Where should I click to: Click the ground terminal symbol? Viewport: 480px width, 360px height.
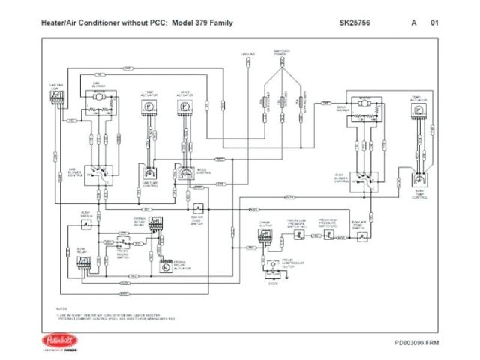248,64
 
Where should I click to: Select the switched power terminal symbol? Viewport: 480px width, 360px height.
280,64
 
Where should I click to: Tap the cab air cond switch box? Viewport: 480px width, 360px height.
198,209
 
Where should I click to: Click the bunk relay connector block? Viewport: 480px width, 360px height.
82,262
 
